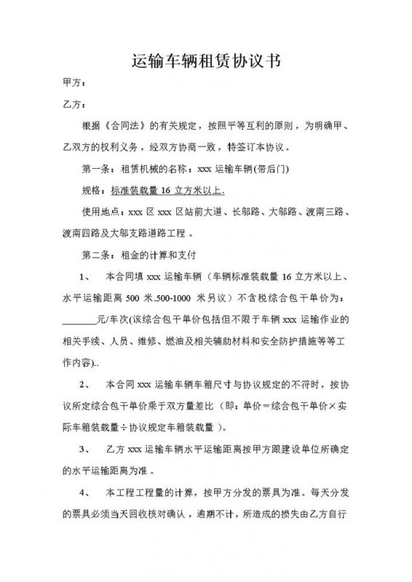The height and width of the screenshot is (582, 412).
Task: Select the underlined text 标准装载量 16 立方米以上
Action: click(168, 191)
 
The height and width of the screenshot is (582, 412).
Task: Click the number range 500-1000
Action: click(163, 298)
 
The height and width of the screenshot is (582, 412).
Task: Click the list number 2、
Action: click(84, 383)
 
